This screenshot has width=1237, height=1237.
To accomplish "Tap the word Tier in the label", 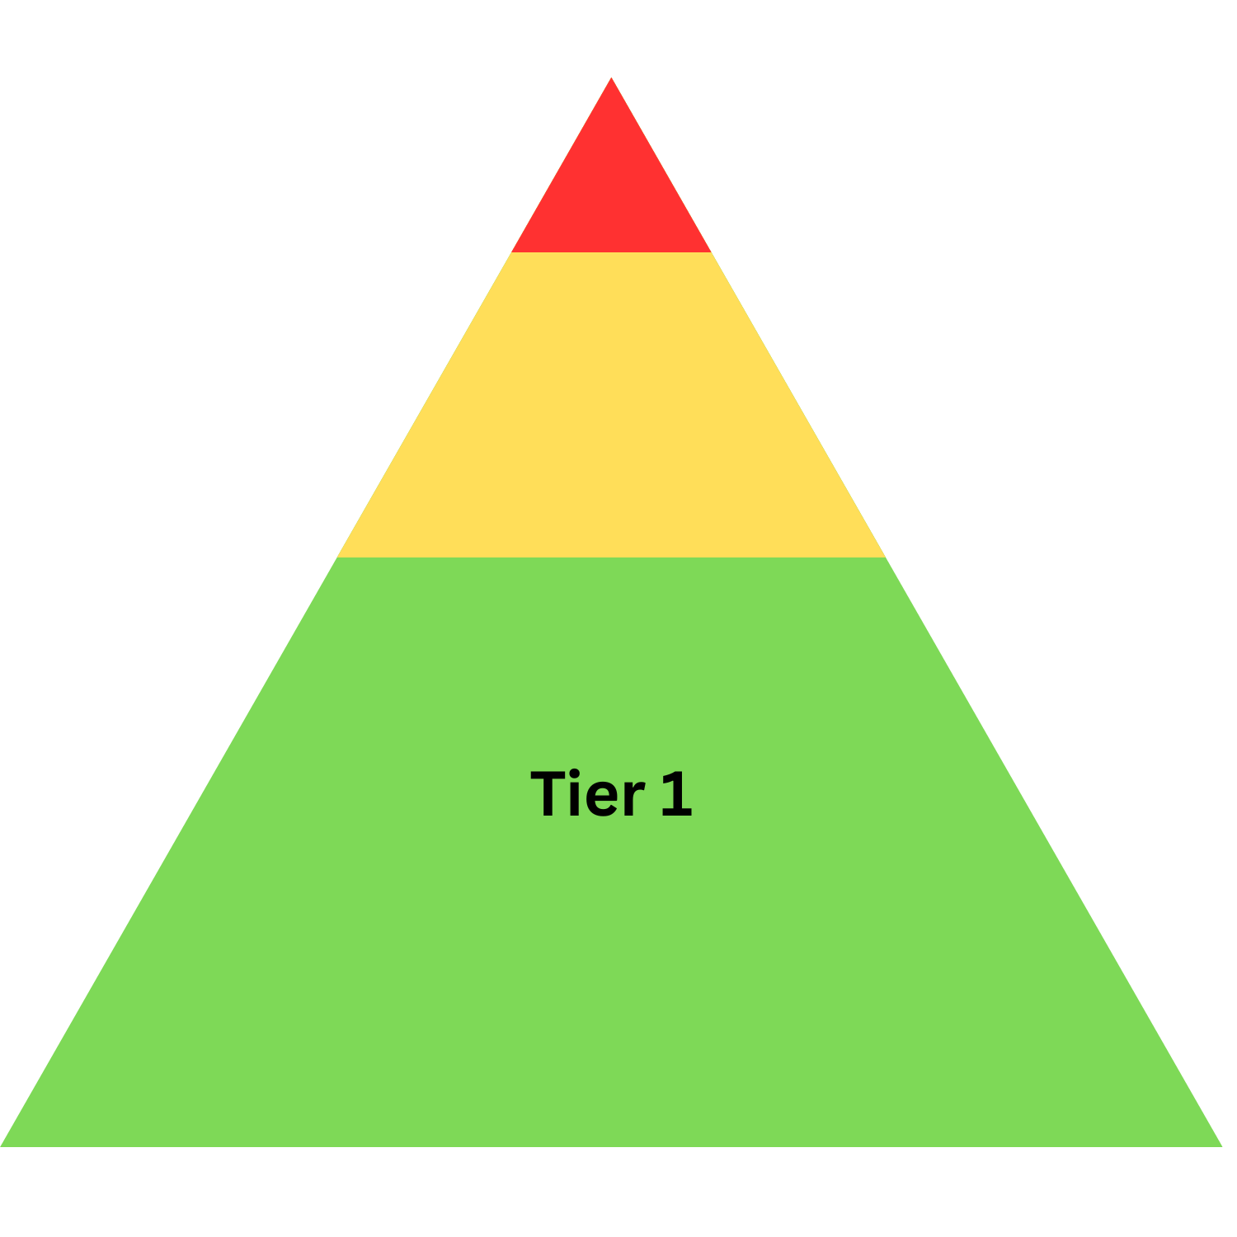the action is [x=586, y=794].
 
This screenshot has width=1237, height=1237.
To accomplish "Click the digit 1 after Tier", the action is [x=676, y=794].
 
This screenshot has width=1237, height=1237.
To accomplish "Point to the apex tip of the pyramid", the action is [x=611, y=79].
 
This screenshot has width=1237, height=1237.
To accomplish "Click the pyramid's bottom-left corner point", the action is [x=2, y=1145].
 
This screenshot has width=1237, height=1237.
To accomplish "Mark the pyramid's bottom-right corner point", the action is [x=1221, y=1145].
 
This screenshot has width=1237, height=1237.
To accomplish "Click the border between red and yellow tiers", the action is [x=611, y=252].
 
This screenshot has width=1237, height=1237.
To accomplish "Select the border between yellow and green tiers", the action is [x=611, y=557].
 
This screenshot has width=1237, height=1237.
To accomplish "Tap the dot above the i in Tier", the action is [x=576, y=774].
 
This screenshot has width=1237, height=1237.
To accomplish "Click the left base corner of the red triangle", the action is [x=513, y=252].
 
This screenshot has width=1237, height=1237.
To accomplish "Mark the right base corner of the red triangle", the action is [x=710, y=252].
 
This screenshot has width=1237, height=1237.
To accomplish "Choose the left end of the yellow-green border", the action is [x=338, y=557].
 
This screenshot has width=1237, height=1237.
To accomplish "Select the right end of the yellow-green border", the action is [x=885, y=557].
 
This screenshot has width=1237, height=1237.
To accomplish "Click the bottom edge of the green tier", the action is [x=611, y=1145].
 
